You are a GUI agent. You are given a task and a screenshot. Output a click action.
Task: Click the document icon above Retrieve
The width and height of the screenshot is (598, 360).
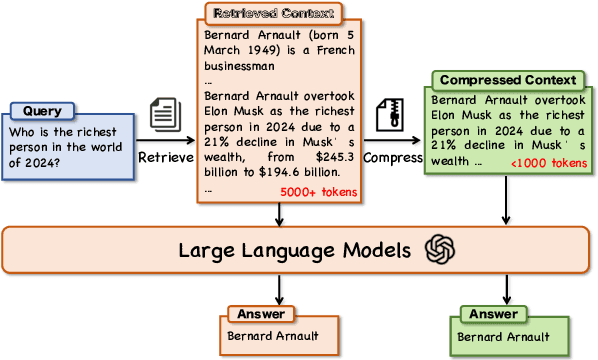pyautogui.click(x=164, y=113)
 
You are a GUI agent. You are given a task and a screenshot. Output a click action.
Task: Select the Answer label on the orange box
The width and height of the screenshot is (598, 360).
pyautogui.click(x=258, y=314)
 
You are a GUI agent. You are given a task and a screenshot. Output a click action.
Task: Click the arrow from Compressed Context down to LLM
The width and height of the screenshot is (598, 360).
pyautogui.click(x=504, y=202)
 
